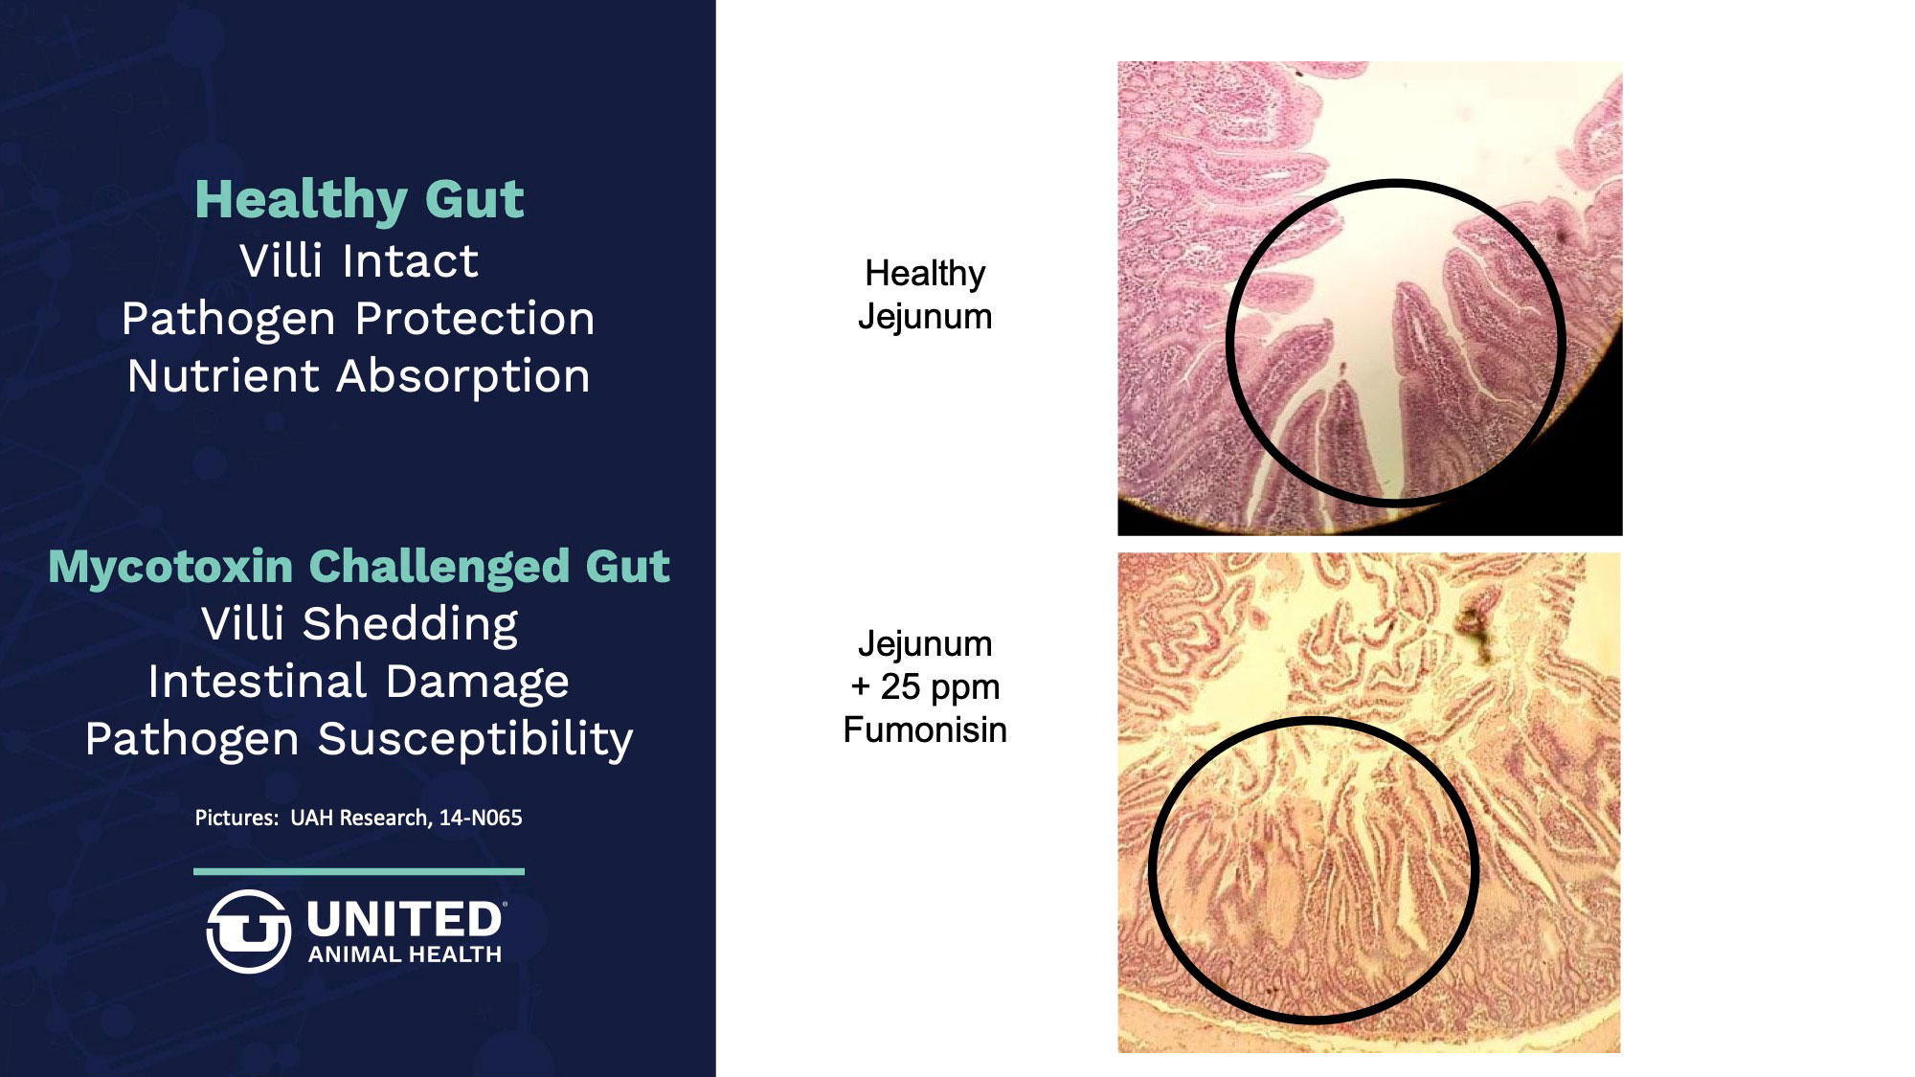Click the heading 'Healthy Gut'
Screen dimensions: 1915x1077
click(359, 200)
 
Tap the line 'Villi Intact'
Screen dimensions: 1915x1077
click(359, 260)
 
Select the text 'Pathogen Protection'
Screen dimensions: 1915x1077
click(358, 319)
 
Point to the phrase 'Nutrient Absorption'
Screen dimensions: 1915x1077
click(359, 376)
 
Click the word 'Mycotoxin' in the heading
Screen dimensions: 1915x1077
click(170, 567)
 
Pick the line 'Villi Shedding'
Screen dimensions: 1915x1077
click(360, 624)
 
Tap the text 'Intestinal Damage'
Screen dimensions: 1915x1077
click(359, 682)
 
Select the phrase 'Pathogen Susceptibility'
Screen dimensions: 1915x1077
click(359, 739)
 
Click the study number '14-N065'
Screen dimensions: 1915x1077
click(481, 818)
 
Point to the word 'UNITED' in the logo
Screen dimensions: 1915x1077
click(404, 920)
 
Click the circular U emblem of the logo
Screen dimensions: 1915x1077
click(248, 931)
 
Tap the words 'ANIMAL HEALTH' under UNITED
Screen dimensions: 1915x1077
click(405, 954)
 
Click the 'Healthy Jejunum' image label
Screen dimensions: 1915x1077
click(925, 295)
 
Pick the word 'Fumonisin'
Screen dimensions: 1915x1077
click(925, 729)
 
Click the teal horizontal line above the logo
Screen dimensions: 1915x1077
click(359, 871)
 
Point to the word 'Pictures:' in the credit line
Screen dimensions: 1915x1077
click(237, 818)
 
